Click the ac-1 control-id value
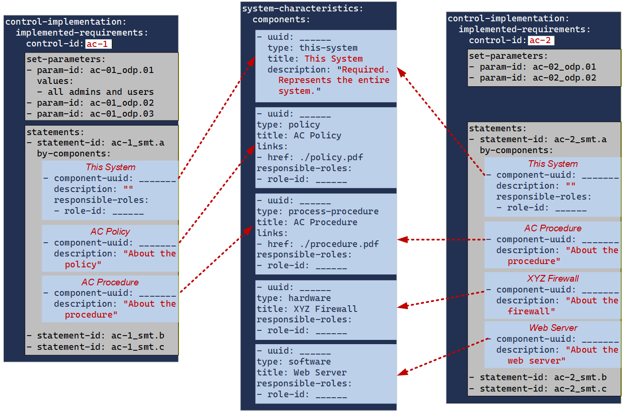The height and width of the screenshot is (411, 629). pos(99,44)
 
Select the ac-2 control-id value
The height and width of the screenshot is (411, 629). pos(541,40)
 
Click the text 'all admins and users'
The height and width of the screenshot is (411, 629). pos(100,92)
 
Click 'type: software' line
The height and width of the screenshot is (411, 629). pos(294,361)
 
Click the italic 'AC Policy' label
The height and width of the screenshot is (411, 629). pos(110,231)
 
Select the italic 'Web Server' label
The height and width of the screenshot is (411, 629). pos(553,328)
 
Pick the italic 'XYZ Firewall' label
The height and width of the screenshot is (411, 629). pos(553,278)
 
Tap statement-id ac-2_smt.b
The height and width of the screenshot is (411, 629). pos(543,377)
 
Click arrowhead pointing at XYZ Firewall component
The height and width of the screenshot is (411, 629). pos(402,307)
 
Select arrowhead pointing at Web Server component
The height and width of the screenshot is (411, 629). pos(402,373)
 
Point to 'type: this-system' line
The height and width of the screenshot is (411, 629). pos(312,48)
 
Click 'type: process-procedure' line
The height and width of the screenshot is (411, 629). pos(317,211)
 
